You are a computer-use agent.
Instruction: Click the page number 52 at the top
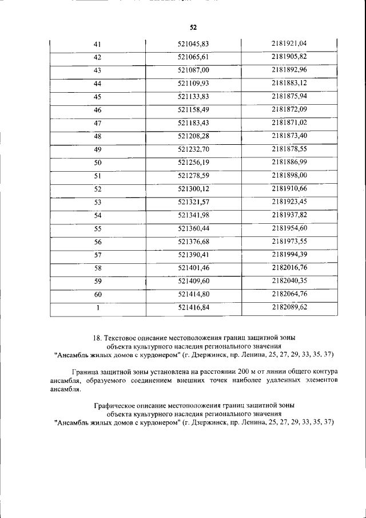(193, 27)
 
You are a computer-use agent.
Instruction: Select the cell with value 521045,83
(193, 44)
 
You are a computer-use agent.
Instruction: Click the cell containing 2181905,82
(289, 57)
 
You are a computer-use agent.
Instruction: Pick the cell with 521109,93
(193, 84)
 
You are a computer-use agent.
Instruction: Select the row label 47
(97, 123)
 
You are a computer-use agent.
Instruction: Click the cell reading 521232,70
(193, 149)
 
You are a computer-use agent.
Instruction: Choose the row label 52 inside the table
(97, 189)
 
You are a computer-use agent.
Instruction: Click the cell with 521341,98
(193, 215)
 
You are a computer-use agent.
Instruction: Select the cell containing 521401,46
(193, 267)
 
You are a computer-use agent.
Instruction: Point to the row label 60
(97, 294)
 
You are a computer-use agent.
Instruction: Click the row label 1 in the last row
(97, 307)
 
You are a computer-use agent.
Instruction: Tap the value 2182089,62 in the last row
(289, 307)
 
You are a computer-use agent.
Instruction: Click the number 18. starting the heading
(98, 338)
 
